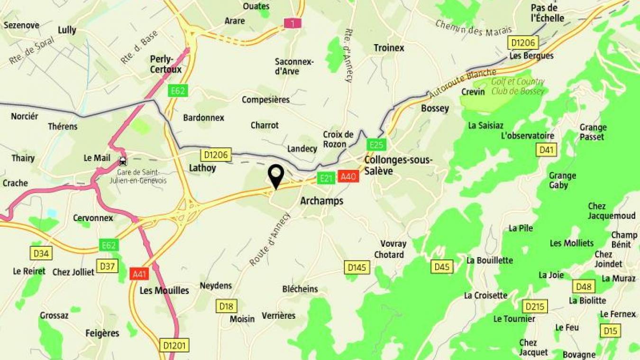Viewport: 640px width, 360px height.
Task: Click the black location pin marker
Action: coord(275,176)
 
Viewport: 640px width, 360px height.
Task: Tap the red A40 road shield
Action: coord(348,176)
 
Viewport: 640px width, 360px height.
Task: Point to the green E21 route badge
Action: coord(326,178)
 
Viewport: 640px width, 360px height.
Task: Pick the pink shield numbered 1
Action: coord(293,23)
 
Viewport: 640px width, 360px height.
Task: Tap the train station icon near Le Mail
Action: coord(123,160)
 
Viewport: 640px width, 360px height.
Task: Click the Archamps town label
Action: coord(321,201)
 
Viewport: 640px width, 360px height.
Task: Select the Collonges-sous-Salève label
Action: coord(398,165)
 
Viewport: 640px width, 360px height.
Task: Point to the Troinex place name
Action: coord(389,47)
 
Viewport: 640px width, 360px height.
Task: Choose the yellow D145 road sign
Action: coord(357,268)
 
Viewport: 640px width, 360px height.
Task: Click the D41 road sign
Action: coord(547,150)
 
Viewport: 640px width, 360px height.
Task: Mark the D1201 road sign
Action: coord(174,345)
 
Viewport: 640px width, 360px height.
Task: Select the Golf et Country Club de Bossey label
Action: coord(517,86)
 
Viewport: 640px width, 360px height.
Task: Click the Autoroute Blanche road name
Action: coord(462,84)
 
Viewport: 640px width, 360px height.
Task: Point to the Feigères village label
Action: coord(102,333)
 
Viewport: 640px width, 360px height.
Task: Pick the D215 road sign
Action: coord(535,306)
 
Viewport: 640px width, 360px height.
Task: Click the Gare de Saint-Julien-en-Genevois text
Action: coord(142,176)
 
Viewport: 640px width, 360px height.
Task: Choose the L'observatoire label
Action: coord(527,136)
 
